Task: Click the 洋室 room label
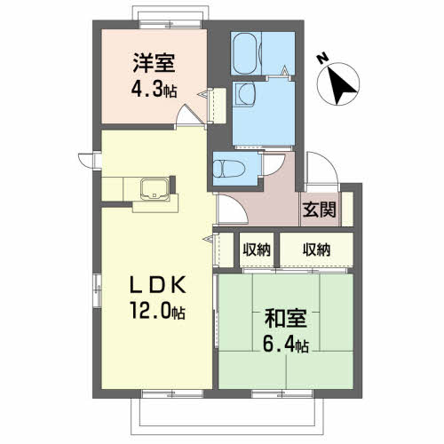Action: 154,64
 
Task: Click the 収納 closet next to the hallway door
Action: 257,250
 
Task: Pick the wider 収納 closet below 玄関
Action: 315,250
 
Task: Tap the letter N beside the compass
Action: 323,59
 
